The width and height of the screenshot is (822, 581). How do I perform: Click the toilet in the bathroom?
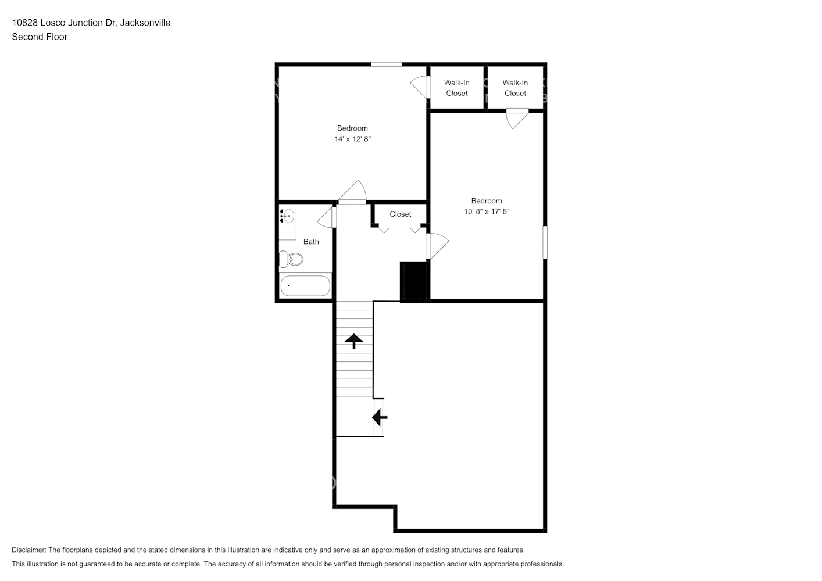292,259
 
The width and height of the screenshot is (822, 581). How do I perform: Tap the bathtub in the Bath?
305,286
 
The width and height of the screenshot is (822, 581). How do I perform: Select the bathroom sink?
287,216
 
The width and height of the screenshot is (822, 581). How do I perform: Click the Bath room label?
311,242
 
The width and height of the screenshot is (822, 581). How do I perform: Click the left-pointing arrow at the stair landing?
379,417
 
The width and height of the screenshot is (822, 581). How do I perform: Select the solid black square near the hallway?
414,281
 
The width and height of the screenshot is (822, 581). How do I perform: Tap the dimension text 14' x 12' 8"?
352,139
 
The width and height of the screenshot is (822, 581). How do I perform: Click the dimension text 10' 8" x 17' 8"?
487,211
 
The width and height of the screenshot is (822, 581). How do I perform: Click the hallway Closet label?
401,214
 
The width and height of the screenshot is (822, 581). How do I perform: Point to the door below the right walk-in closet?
517,119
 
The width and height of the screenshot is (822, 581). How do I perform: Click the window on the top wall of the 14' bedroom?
386,64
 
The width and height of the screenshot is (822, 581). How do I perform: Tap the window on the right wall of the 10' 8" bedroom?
545,242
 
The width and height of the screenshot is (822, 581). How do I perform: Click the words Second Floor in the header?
40,37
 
